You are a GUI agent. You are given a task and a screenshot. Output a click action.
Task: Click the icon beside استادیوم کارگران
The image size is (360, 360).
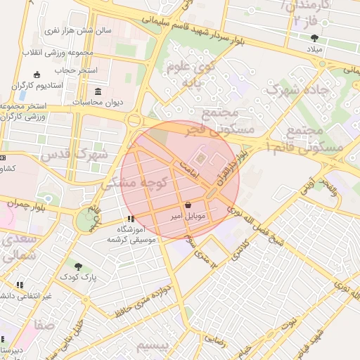point(37,75)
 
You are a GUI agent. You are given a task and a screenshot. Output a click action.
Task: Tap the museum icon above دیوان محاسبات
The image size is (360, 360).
point(98,91)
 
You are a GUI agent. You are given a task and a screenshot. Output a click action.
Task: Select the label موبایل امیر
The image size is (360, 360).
point(188,217)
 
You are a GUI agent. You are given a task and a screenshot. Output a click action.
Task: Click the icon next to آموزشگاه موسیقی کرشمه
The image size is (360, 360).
point(131,219)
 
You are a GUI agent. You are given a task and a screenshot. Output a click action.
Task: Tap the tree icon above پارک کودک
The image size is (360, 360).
point(78,266)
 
